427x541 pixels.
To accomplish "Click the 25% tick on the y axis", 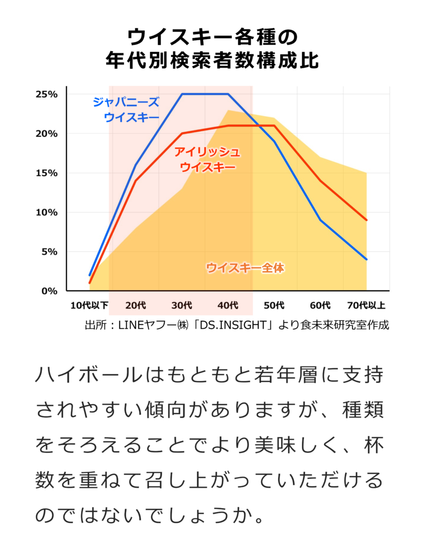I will pos(46,94).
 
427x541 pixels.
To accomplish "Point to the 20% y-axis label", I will pos(46,134).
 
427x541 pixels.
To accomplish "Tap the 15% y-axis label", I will pos(46,173).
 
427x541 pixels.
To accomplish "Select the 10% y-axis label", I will pos(46,212).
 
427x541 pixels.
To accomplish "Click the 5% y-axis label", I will pos(49,251).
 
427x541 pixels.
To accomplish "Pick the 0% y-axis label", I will pos(49,291).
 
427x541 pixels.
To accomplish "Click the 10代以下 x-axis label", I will pos(89,305).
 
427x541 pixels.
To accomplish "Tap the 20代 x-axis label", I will pos(136,305).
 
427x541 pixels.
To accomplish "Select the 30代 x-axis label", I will pos(182,305).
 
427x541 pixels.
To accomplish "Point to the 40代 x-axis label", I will pos(227,305).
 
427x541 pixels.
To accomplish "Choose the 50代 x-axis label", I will pos(274,305).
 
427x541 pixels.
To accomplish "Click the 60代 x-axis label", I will pos(320,305).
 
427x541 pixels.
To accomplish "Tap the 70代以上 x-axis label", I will pos(366,305).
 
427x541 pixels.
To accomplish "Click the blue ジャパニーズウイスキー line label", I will pos(126,109).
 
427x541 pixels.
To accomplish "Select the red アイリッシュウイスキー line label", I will pos(207,159).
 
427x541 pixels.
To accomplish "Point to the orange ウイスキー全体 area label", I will pos(245,268).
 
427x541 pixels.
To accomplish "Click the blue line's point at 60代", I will pos(320,220).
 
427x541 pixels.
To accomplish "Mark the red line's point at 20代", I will pos(136,181).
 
